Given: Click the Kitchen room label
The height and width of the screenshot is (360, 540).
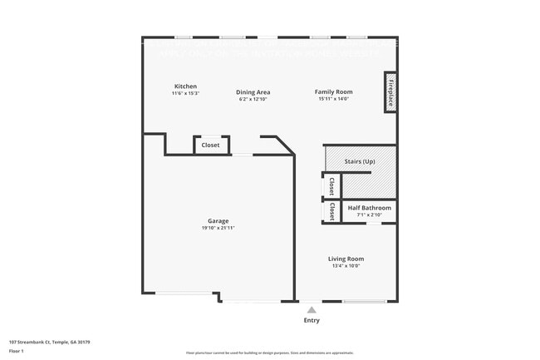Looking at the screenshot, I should pyautogui.click(x=185, y=86).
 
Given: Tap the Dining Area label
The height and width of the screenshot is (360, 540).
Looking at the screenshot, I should pyautogui.click(x=253, y=92).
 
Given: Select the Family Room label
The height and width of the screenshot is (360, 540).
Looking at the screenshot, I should pyautogui.click(x=333, y=91).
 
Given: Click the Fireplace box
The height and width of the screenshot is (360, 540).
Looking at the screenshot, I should pyautogui.click(x=390, y=91).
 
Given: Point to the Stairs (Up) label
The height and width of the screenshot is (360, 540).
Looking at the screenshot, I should pyautogui.click(x=359, y=161).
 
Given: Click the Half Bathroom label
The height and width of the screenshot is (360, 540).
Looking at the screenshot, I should pyautogui.click(x=369, y=208).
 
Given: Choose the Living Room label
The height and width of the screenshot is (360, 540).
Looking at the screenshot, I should pyautogui.click(x=345, y=259).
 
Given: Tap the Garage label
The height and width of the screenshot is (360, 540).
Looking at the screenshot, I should pyautogui.click(x=218, y=221).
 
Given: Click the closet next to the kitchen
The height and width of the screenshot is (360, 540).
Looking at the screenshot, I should pyautogui.click(x=211, y=145).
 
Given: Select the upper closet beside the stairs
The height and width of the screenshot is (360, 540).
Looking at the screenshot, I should pyautogui.click(x=331, y=185).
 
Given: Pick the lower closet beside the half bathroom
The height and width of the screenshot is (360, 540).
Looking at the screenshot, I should pyautogui.click(x=331, y=212).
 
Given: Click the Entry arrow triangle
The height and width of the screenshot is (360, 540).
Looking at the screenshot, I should pyautogui.click(x=312, y=309).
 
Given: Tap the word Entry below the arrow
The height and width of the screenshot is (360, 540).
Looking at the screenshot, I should pyautogui.click(x=312, y=320).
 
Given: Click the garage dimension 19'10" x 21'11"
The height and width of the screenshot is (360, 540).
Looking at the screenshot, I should pyautogui.click(x=218, y=228).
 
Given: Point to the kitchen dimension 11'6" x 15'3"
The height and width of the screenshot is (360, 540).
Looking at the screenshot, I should pyautogui.click(x=185, y=93).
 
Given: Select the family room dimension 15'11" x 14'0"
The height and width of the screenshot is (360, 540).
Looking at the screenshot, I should pyautogui.click(x=333, y=99).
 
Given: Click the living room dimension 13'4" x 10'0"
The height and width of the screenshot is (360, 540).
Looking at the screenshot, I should pyautogui.click(x=345, y=266).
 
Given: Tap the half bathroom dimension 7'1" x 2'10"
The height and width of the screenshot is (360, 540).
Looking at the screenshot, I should pyautogui.click(x=369, y=215).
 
